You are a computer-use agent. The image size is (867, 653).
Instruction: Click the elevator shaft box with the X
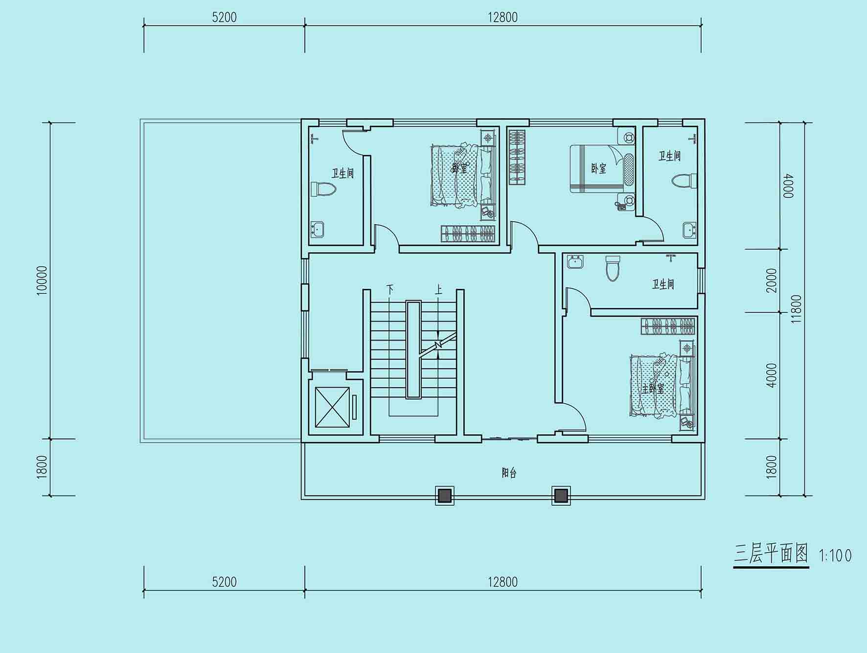coord(333,407)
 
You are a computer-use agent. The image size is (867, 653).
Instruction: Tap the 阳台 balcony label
coord(509,473)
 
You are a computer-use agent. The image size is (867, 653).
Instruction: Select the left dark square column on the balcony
coord(444,496)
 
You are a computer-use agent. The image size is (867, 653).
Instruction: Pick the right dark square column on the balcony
coord(561,496)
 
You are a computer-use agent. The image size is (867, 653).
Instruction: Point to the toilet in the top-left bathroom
coord(323,189)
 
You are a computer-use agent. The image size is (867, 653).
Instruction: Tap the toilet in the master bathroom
coord(613,268)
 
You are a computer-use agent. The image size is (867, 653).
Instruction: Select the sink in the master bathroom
coord(575,262)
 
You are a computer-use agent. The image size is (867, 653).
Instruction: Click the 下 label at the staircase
coord(389,289)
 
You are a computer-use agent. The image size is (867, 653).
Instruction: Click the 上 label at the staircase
coord(438,289)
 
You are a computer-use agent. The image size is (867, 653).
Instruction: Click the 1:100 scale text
coord(835,556)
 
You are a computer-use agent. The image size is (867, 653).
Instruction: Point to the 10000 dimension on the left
coord(42,280)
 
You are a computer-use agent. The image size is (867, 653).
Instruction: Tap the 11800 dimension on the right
coord(796,309)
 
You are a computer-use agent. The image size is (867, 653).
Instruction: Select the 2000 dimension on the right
coord(772,280)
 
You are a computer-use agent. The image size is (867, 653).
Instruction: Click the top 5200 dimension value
coord(224,17)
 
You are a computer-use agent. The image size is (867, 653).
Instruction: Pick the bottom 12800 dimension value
coord(502,582)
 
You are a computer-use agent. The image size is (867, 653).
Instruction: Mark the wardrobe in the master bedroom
coord(668,326)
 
